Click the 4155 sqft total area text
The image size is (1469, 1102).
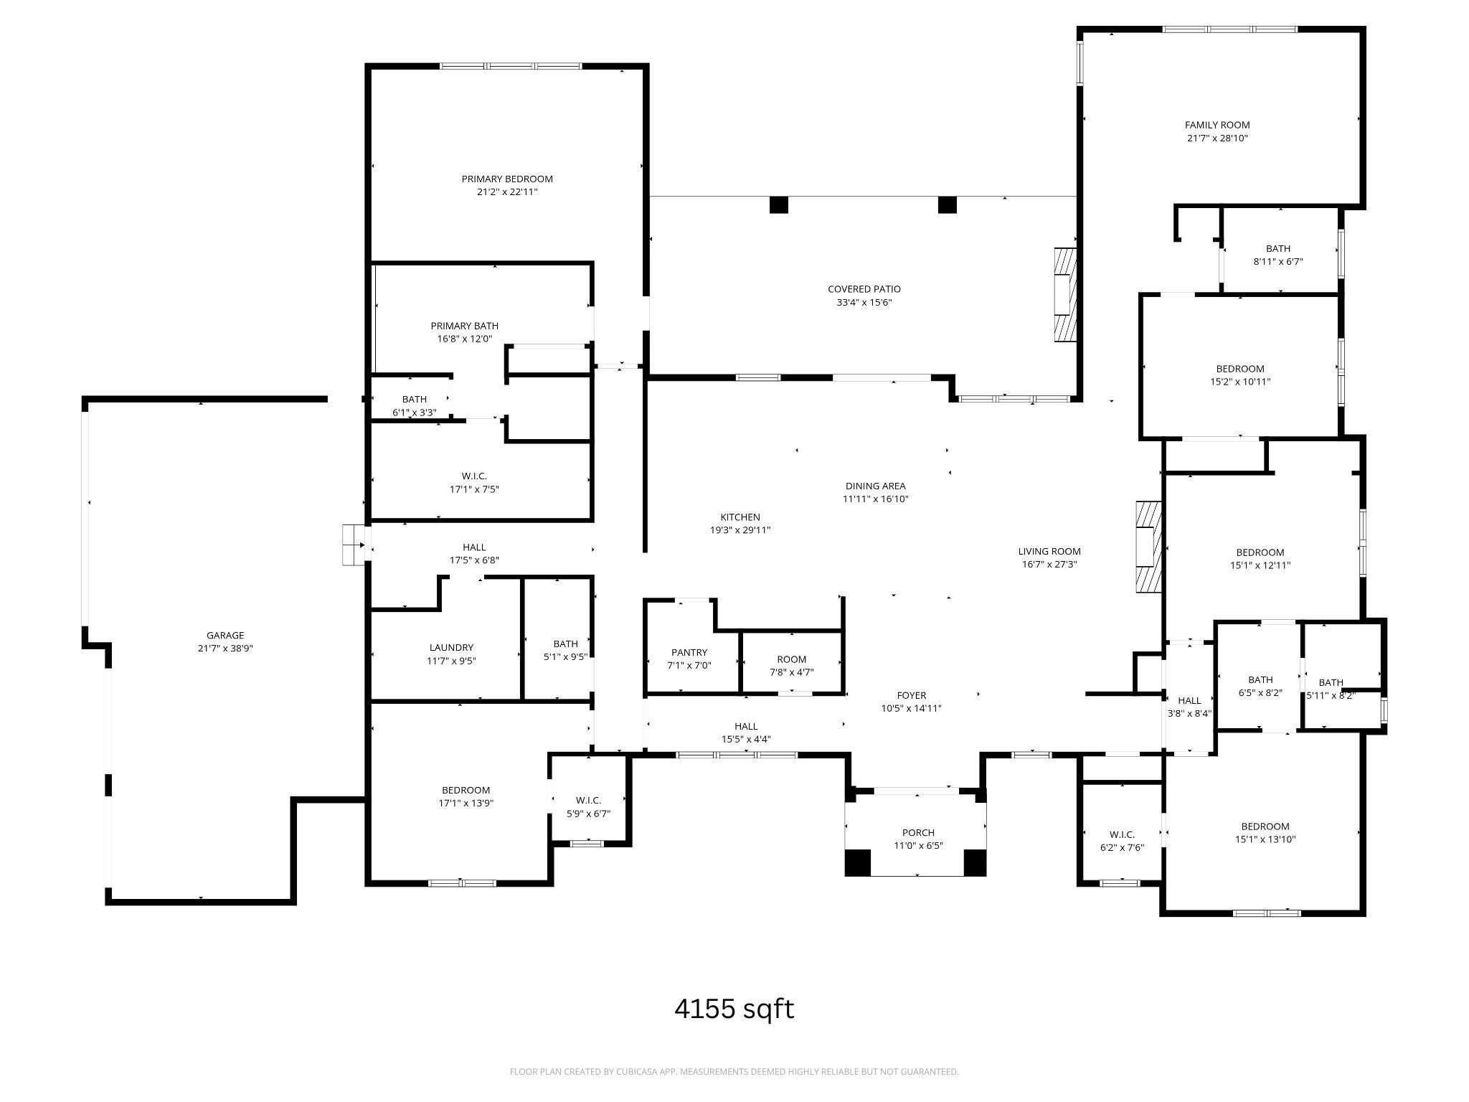pyautogui.click(x=734, y=1009)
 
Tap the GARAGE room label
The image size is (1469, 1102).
pyautogui.click(x=225, y=635)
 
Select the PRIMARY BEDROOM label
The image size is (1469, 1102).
pyautogui.click(x=507, y=179)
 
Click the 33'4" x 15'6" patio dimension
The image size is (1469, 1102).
pyautogui.click(x=864, y=302)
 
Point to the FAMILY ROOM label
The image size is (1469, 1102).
pyautogui.click(x=1217, y=125)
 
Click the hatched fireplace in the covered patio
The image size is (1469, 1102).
pyautogui.click(x=1065, y=295)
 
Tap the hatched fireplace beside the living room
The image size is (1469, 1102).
pyautogui.click(x=1148, y=546)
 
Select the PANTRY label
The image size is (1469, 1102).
pyautogui.click(x=689, y=652)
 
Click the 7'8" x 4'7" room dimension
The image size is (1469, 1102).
pyautogui.click(x=791, y=672)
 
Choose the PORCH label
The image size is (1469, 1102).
pyautogui.click(x=918, y=832)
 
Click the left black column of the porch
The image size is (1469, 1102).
pyautogui.click(x=857, y=862)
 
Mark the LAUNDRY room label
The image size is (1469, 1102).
pyautogui.click(x=451, y=647)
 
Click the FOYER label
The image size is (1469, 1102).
pyautogui.click(x=911, y=695)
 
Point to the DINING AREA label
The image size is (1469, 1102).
pyautogui.click(x=875, y=486)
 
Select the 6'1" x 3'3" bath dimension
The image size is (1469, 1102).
pyautogui.click(x=414, y=413)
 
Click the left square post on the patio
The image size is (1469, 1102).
pyautogui.click(x=778, y=204)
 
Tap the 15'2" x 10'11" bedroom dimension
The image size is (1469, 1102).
pyautogui.click(x=1240, y=382)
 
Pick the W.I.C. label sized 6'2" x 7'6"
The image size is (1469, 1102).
pyautogui.click(x=1122, y=834)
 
